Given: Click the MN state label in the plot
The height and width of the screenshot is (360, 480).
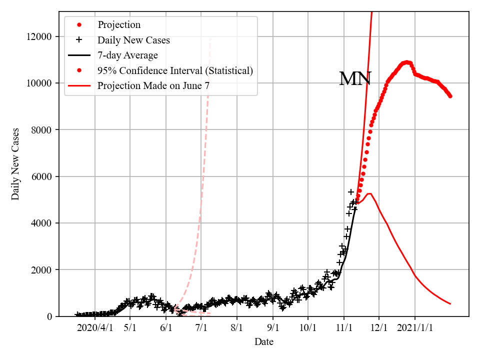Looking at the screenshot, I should [355, 79].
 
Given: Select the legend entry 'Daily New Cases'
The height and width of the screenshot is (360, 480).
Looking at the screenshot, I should [133, 40].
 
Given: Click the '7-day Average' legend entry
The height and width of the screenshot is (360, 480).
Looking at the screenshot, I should [127, 55].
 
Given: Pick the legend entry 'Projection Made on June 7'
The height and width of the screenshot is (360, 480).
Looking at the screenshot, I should [153, 85].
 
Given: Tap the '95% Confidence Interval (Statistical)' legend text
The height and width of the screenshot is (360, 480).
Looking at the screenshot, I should [175, 70].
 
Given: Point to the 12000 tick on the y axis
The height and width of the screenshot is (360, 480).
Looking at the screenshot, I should [42, 36].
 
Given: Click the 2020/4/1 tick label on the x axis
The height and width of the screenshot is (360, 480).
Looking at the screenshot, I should [94, 328].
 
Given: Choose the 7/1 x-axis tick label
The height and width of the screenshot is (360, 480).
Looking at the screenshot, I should [201, 328].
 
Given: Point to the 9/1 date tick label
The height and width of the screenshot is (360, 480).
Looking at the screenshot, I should [273, 328].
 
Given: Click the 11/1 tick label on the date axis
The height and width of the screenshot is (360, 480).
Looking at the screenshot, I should [344, 328].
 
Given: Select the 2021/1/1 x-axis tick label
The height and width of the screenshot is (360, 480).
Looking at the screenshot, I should [415, 328].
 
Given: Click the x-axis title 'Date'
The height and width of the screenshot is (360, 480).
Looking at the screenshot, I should [263, 342].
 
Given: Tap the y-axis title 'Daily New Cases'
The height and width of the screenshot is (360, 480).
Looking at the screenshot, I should [15, 164].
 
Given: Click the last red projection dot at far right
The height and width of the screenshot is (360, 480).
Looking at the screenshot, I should [450, 96].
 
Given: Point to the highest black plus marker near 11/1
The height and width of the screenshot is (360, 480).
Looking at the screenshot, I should [351, 192].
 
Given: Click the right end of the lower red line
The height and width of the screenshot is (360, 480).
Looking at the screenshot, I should [450, 303].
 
